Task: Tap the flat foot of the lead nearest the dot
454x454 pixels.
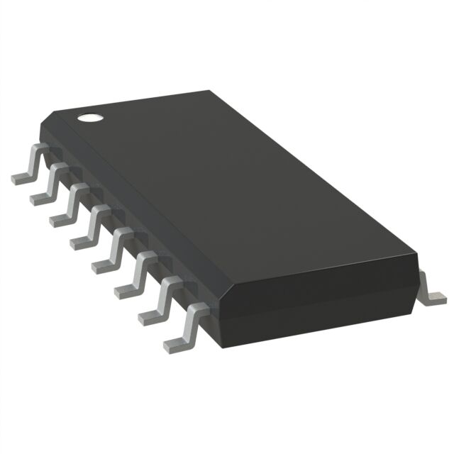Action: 21,177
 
